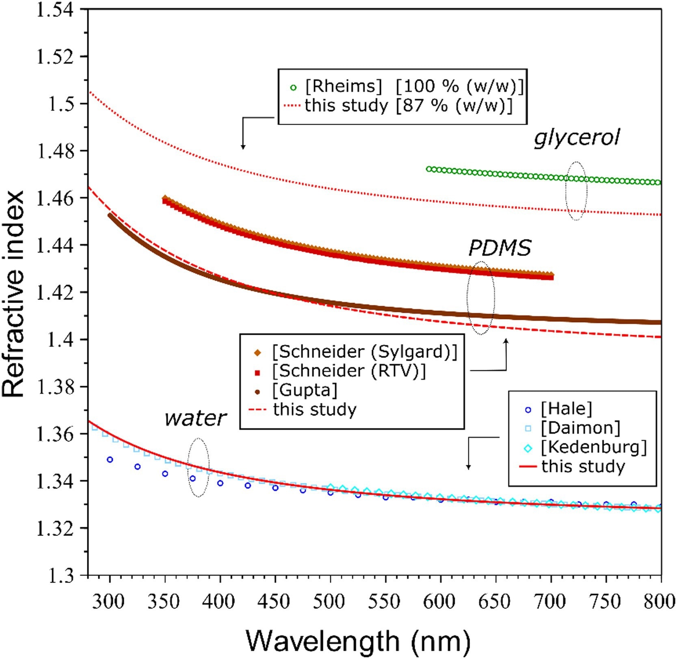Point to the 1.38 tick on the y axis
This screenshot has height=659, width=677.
click(55, 387)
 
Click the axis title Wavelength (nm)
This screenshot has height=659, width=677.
click(358, 642)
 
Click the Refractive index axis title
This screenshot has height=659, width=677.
click(13, 293)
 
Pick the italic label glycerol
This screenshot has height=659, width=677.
click(577, 137)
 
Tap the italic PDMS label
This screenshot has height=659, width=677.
click(500, 248)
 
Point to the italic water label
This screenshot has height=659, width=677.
click(195, 418)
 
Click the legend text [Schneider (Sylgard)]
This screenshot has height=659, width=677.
click(365, 352)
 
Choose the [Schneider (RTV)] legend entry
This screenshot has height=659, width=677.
click(349, 371)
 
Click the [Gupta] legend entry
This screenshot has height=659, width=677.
click(305, 390)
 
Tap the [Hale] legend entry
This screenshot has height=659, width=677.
click(567, 409)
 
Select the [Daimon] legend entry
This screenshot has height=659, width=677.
click(581, 428)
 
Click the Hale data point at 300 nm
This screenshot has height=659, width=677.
click(110, 460)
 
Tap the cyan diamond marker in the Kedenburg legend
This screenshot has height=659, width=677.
click(528, 448)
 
